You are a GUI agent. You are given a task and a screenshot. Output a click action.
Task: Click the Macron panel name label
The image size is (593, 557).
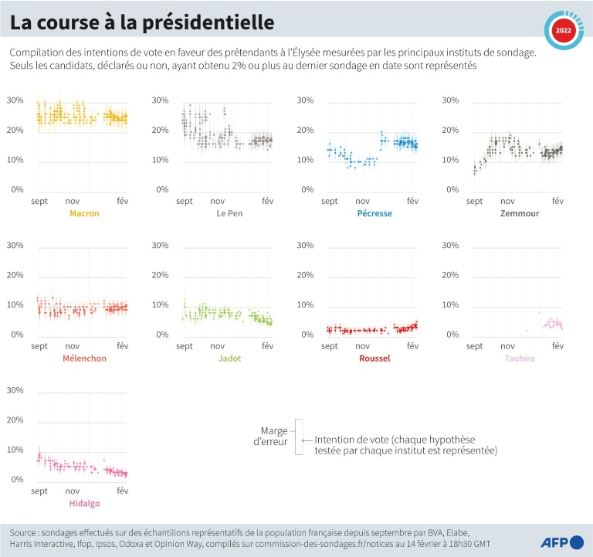pos(84,213)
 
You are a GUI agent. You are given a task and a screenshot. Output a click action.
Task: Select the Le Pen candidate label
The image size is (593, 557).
pos(229,213)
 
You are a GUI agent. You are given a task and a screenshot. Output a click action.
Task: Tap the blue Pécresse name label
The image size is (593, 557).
pos(375,213)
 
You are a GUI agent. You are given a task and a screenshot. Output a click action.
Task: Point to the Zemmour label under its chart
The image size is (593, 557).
pos(520,213)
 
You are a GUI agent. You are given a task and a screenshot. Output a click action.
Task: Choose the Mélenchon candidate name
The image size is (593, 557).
pos(84,358)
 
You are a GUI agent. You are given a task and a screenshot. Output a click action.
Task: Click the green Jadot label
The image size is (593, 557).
pos(229,358)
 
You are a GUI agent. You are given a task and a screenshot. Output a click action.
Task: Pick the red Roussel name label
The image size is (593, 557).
pos(375,358)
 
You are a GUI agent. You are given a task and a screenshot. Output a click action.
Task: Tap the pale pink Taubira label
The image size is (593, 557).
pos(520,358)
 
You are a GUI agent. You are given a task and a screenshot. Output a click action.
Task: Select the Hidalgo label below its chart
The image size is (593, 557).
pos(84,503)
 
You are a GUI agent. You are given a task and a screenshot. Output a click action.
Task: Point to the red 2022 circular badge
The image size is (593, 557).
pos(563,30)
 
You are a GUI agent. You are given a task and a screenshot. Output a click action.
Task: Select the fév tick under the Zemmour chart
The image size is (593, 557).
pos(557,201)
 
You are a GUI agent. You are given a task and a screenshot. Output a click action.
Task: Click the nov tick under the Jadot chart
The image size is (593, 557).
pos(218,346)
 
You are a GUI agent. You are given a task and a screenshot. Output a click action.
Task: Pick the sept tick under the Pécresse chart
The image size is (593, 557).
pos(330,201)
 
